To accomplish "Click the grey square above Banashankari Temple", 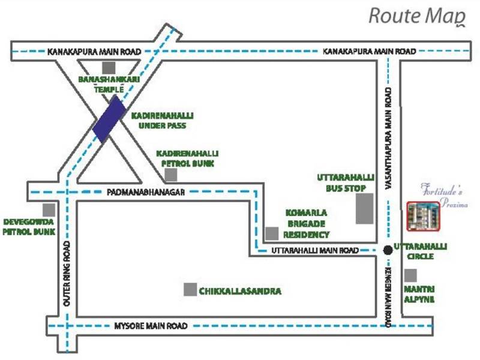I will pos(108,67).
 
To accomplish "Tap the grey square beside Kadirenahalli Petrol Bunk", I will pos(172,175).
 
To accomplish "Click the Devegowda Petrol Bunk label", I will pos(29,226).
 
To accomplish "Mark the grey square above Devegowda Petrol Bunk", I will pos(49,210).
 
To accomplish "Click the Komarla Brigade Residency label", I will pos(306,223).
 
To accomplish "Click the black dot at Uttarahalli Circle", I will pos(388,250).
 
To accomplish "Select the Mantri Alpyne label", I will pos(419,294).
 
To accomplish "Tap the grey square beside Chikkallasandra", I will pos(190,289).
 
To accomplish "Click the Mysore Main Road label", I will pos(151,326).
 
